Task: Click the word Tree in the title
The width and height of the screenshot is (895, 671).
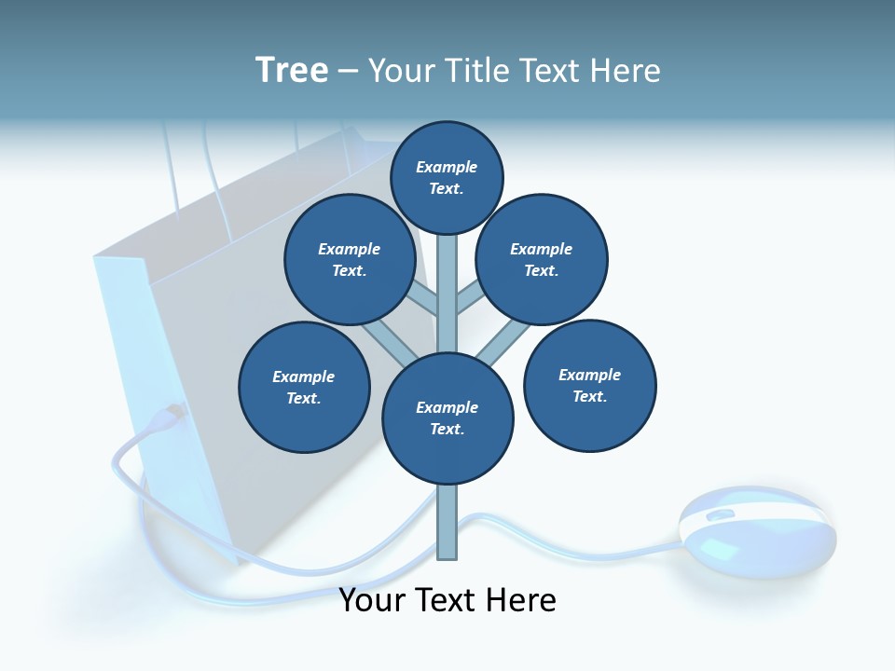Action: (x=292, y=70)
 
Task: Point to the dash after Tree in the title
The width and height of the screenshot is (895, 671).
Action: (x=348, y=72)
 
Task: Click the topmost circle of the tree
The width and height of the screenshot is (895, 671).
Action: (x=447, y=177)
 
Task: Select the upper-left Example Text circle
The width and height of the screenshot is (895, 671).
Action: (x=350, y=259)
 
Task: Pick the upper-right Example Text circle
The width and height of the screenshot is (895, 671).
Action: (x=542, y=259)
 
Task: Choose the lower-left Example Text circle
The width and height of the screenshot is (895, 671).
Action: (x=304, y=387)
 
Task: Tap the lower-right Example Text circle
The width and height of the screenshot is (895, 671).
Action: (x=589, y=385)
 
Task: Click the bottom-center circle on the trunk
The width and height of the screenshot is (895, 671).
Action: (x=447, y=418)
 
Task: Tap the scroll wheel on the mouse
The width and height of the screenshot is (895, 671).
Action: (x=720, y=514)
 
